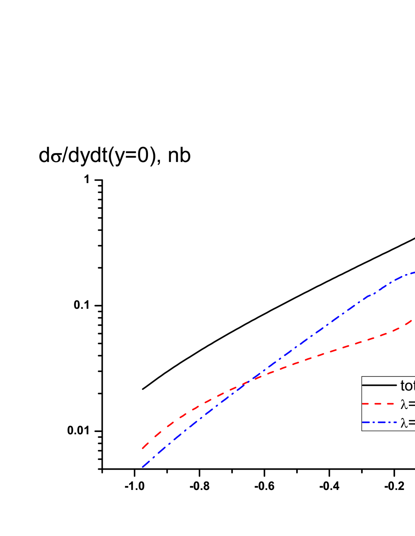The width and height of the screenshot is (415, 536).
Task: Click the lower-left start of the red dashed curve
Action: pyautogui.click(x=143, y=448)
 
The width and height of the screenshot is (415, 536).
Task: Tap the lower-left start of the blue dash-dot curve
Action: pyautogui.click(x=143, y=467)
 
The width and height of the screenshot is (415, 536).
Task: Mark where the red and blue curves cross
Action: pyautogui.click(x=249, y=381)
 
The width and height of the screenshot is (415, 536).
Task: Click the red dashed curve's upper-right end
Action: pyautogui.click(x=412, y=319)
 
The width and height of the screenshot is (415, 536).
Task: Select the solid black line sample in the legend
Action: pyautogui.click(x=379, y=385)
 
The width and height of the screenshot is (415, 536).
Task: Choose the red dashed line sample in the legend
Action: pyautogui.click(x=379, y=404)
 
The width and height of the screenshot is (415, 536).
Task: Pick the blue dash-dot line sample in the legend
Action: pyautogui.click(x=379, y=422)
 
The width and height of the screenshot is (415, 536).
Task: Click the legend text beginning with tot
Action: pyautogui.click(x=407, y=386)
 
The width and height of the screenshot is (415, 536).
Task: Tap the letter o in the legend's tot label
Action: pyautogui.click(x=408, y=386)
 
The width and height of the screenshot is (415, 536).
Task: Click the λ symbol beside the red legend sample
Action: pyautogui.click(x=404, y=404)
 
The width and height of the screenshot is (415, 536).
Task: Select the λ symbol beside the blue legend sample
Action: pyautogui.click(x=404, y=423)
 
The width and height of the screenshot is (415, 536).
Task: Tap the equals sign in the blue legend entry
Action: pyautogui.click(x=412, y=423)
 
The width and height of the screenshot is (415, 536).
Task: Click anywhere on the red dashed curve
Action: pyautogui.click(x=327, y=352)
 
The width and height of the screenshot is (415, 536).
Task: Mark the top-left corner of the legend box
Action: pyautogui.click(x=362, y=377)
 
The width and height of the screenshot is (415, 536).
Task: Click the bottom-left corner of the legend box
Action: pyautogui.click(x=362, y=430)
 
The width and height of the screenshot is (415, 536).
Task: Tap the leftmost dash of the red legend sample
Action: pyautogui.click(x=366, y=404)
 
